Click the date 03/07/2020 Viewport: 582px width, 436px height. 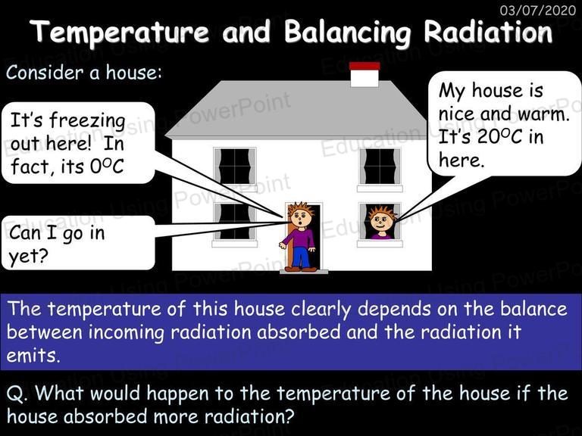pyautogui.click(x=538, y=10)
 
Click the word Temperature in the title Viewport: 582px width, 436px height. pyautogui.click(x=120, y=32)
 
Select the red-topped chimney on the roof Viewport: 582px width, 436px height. pyautogui.click(x=365, y=74)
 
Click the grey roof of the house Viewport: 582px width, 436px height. pyautogui.click(x=297, y=110)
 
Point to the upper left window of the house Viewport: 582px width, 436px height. pyautogui.click(x=235, y=167)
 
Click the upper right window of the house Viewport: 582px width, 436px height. pyautogui.click(x=380, y=167)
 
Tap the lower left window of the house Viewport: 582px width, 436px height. pyautogui.click(x=235, y=222)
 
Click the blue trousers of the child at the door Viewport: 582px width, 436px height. pyautogui.click(x=301, y=257)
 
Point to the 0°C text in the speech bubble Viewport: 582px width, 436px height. pyautogui.click(x=107, y=167)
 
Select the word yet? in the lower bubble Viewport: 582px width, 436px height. pyautogui.click(x=28, y=257)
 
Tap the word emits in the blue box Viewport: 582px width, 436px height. pyautogui.click(x=33, y=355)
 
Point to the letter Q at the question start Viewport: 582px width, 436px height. pyautogui.click(x=15, y=394)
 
